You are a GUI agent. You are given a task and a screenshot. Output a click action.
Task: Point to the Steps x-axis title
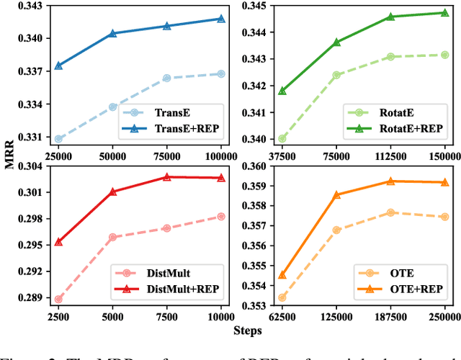click(x=247, y=330)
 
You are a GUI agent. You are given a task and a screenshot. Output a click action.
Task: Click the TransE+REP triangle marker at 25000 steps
click(x=58, y=66)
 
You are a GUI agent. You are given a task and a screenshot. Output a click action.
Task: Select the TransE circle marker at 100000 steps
click(x=221, y=73)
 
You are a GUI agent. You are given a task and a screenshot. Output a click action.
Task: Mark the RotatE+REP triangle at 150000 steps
click(x=444, y=13)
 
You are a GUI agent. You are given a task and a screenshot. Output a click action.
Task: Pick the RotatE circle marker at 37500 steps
click(x=282, y=139)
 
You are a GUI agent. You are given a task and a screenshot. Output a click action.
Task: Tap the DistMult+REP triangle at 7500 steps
click(x=166, y=176)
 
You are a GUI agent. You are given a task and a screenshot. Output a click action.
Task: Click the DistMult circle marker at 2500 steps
click(x=58, y=299)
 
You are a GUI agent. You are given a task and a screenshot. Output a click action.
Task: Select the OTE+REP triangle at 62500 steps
click(x=282, y=275)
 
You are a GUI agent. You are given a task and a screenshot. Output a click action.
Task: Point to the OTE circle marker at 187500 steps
click(x=390, y=212)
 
